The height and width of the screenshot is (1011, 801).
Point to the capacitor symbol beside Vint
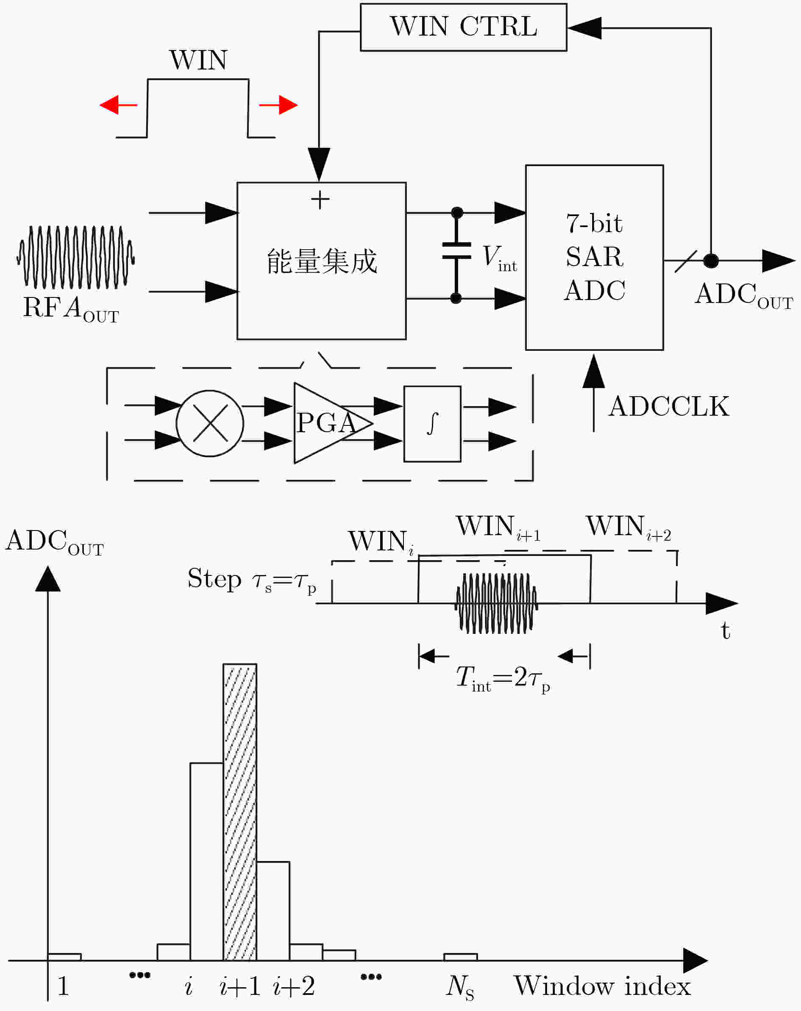point(456,256)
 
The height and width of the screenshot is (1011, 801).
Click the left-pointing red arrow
point(118,105)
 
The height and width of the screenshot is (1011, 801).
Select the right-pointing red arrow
point(278,105)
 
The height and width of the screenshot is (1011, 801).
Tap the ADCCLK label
point(669,406)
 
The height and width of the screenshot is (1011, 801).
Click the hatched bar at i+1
point(239,812)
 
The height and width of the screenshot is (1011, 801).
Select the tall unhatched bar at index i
point(206,861)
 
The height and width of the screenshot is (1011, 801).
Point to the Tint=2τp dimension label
point(503,679)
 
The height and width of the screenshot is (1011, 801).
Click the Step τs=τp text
point(252,580)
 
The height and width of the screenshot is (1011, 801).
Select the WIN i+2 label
point(629,527)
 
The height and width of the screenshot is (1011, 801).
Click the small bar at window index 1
point(64,957)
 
